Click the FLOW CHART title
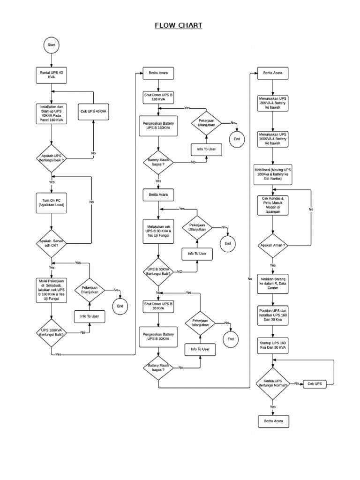pyautogui.click(x=179, y=25)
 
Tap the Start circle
pyautogui.click(x=52, y=45)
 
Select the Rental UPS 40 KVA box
pyautogui.click(x=52, y=75)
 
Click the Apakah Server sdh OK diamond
pyautogui.click(x=52, y=243)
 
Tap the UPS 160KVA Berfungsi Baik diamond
pyautogui.click(x=52, y=332)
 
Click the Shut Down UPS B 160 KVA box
pyautogui.click(x=158, y=97)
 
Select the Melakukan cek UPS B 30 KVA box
pyautogui.click(x=158, y=231)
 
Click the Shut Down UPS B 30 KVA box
pyautogui.click(x=158, y=306)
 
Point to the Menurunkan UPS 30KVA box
pyautogui.click(x=273, y=103)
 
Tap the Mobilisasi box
pyautogui.click(x=273, y=172)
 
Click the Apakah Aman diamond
pyautogui.click(x=273, y=245)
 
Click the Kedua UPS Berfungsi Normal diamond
pyautogui.click(x=273, y=383)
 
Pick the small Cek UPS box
pyautogui.click(x=315, y=383)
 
